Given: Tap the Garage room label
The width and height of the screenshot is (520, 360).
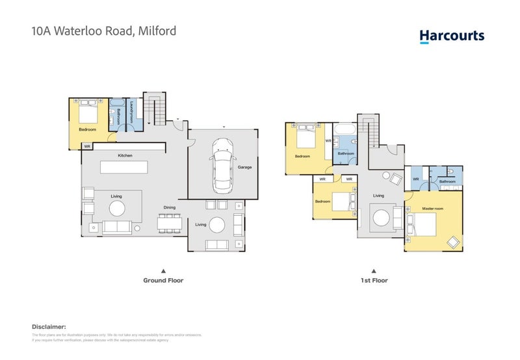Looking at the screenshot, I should point(244,167).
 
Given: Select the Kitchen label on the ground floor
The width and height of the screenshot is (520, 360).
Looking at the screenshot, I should point(125,156).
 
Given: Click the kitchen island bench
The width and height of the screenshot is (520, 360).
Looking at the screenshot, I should point(123,167).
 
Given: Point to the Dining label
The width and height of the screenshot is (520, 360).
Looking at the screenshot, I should point(170,207).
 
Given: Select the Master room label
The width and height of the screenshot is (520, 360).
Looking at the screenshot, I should point(432,208).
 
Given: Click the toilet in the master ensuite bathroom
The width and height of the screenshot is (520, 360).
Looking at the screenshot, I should point(452,174).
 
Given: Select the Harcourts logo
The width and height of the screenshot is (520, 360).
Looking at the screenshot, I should point(452,36).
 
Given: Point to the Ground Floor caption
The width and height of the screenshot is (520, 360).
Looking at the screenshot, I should point(163,281).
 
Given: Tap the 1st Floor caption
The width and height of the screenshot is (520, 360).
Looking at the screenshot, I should point(374,281).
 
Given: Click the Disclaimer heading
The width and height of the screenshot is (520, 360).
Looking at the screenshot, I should point(49,327).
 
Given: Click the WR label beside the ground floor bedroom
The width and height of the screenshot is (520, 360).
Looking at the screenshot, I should point(87,147).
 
